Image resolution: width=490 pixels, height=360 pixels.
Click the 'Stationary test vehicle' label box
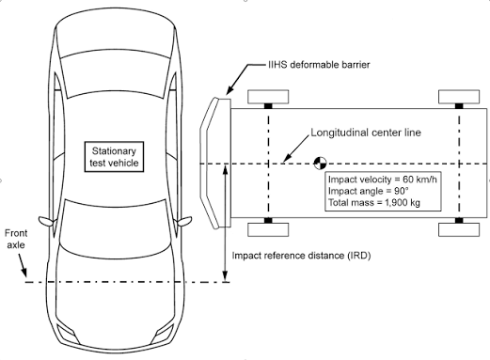point(114,157)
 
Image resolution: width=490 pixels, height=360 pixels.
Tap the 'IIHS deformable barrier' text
point(319,65)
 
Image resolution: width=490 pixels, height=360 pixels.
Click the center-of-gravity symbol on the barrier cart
point(320,164)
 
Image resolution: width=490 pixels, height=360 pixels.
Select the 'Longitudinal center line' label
point(366,133)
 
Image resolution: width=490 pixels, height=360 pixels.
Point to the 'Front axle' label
point(16,239)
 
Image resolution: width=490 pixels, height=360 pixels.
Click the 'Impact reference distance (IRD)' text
point(301,256)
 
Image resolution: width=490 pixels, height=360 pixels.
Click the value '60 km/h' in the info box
point(419,180)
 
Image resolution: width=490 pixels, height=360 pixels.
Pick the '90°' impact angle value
point(400,191)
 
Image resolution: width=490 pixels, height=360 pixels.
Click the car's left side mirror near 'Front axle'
point(47,221)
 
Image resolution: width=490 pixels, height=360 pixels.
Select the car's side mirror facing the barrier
point(183,221)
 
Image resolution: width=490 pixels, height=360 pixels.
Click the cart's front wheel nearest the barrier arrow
point(268,97)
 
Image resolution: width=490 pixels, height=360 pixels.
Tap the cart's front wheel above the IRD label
point(268,229)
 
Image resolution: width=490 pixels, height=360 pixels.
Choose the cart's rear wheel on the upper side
point(459,97)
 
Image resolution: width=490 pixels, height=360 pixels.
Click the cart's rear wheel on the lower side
point(459,229)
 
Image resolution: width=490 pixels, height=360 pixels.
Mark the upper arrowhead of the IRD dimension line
point(225,169)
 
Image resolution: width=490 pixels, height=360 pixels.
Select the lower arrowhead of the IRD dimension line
point(225,277)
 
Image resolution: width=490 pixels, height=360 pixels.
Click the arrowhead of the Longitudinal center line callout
point(286,159)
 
